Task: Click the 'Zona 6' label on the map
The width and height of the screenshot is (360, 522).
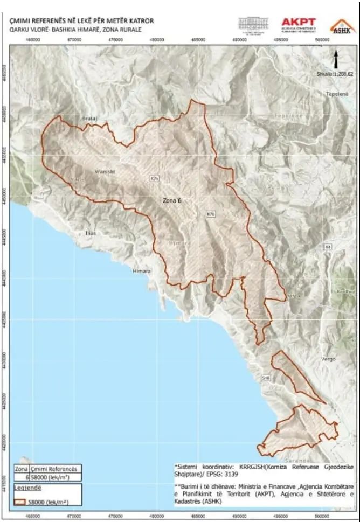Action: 172,200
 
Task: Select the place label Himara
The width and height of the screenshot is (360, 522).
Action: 142,271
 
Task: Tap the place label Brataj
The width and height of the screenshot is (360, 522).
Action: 88,117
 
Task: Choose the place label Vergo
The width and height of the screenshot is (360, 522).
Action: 328,359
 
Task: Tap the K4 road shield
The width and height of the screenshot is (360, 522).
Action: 328,246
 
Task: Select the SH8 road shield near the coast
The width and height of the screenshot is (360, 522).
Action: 265,378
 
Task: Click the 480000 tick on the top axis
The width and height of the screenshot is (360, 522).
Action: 157,39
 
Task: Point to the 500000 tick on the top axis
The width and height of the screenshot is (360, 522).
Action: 322,39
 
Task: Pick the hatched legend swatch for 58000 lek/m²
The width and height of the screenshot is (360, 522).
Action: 20,502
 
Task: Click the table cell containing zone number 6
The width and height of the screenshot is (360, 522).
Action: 22,477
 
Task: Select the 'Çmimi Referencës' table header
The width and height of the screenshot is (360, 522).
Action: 56,469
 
